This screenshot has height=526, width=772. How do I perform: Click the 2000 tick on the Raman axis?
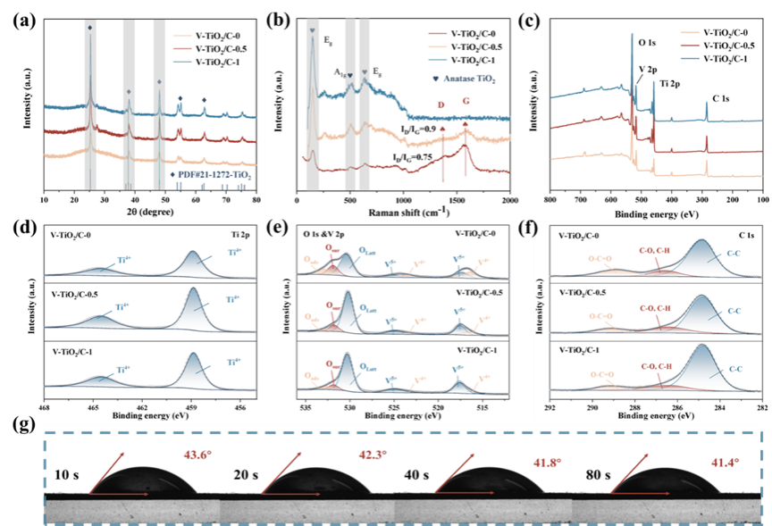(509, 201)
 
